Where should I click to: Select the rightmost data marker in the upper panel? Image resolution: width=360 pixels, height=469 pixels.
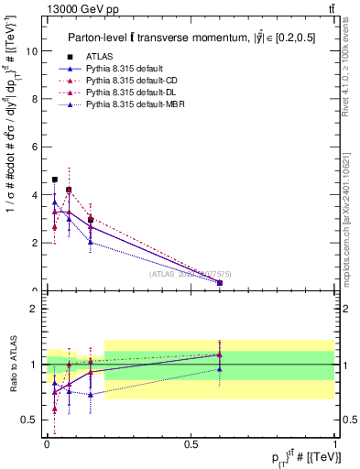(220, 283)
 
